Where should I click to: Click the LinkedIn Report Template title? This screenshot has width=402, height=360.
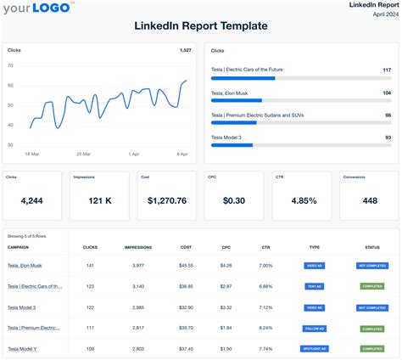(201, 26)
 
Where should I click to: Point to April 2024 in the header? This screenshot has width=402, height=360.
(380, 15)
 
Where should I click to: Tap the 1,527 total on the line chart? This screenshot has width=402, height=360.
(185, 51)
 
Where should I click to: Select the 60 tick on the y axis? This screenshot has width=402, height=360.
(9, 85)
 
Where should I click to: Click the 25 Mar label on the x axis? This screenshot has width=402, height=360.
(83, 154)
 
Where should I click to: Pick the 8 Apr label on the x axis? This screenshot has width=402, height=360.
(181, 154)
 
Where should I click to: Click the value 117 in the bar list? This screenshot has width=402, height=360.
(387, 70)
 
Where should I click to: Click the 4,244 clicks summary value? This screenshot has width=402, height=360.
(31, 202)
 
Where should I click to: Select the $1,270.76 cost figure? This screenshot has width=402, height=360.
(167, 202)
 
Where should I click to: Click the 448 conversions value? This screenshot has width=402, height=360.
(370, 202)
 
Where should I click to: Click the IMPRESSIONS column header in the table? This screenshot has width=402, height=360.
(138, 247)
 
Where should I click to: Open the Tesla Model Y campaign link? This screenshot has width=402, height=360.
(22, 348)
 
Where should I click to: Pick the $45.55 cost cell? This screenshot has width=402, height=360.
(186, 266)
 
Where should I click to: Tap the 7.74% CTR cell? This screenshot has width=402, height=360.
(265, 348)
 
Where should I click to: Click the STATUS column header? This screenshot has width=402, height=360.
(372, 247)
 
